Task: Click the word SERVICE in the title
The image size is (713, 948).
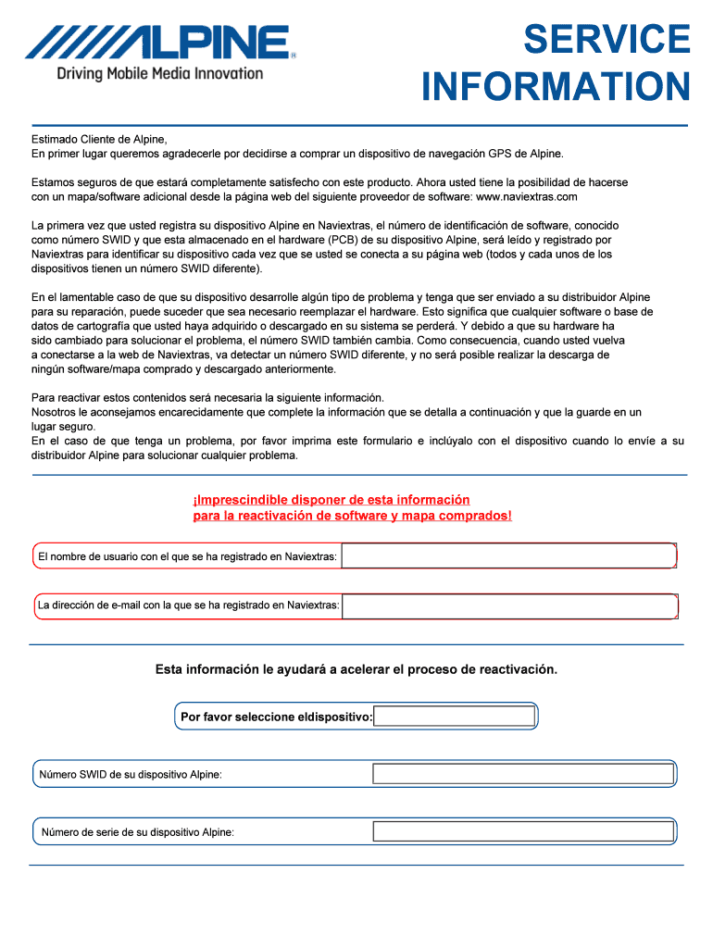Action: (x=606, y=40)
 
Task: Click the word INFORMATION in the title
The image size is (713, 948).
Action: (x=556, y=88)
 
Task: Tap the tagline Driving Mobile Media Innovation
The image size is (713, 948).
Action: (x=160, y=73)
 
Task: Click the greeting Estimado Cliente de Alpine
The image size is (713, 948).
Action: (x=99, y=139)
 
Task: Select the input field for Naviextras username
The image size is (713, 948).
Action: (x=508, y=556)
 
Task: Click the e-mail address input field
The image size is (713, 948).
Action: (x=508, y=606)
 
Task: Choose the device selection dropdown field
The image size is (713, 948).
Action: (x=454, y=717)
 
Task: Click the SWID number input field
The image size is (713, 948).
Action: (x=522, y=774)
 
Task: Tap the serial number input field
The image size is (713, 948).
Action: (x=522, y=831)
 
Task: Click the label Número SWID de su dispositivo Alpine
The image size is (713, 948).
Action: (x=130, y=774)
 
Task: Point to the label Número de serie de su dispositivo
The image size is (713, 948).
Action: (x=137, y=832)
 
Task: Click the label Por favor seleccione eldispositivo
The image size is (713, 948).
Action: (x=276, y=717)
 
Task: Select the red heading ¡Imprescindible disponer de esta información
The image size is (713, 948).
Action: (x=331, y=500)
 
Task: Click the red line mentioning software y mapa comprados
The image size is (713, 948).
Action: (x=352, y=515)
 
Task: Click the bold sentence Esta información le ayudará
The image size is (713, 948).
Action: (x=356, y=669)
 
